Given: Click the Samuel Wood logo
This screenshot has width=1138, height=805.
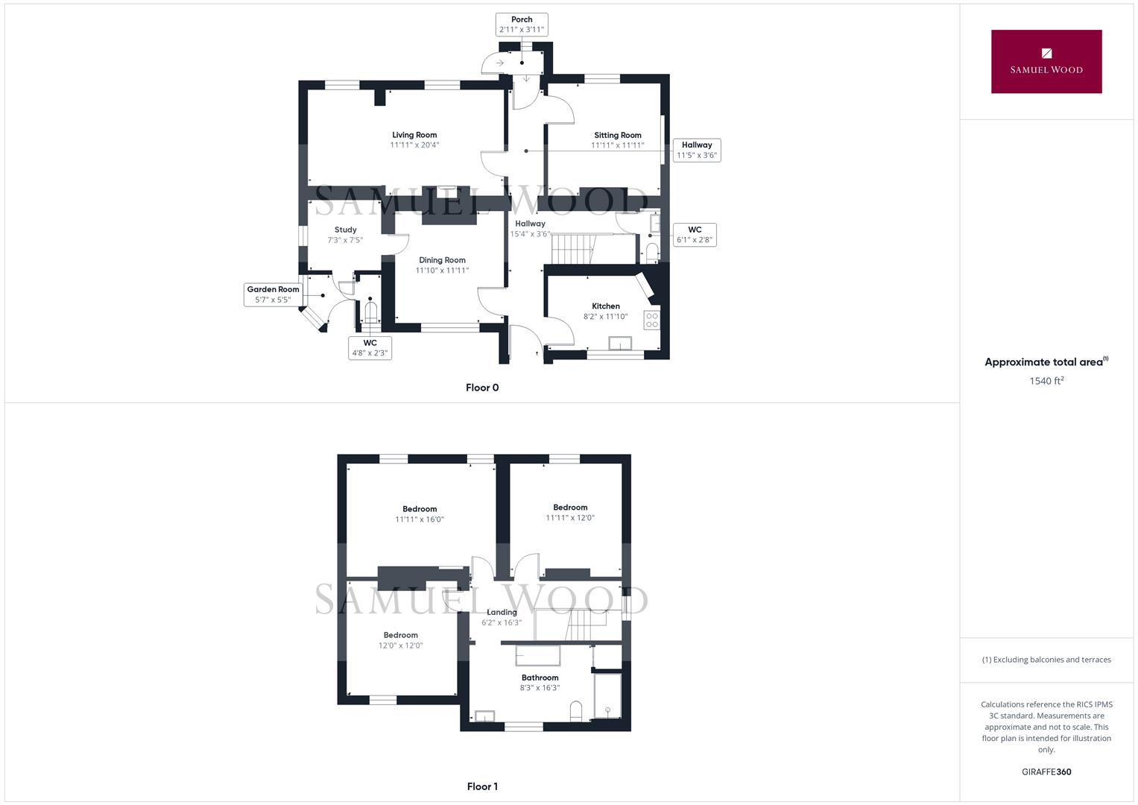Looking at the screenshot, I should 1046,61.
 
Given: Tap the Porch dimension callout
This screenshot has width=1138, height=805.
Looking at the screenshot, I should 522,25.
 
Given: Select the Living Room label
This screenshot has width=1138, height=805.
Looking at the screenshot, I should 414,140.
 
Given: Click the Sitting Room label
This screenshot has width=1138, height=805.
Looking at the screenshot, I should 617,140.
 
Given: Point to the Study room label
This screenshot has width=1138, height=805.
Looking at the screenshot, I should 345,235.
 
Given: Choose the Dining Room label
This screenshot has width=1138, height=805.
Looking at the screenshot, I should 442,265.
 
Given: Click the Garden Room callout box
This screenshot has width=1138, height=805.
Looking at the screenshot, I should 273,294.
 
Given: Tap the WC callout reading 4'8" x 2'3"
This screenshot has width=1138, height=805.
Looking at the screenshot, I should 370,348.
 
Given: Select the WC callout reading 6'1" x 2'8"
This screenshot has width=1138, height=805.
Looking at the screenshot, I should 694,235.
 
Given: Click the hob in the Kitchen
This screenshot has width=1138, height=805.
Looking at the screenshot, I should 651,321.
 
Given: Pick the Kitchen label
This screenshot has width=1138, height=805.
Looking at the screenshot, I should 605,311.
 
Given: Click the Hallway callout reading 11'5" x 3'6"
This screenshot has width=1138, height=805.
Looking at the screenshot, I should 696,150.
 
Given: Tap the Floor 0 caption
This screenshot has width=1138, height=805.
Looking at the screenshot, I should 482,388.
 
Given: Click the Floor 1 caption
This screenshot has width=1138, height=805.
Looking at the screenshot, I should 482,786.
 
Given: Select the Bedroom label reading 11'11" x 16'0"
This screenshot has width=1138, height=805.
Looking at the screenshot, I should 420,514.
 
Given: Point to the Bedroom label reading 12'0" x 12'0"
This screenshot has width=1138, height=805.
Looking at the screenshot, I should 400,640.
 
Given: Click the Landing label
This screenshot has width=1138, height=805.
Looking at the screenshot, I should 502,617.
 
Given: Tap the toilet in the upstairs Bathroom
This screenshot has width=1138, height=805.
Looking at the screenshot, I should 575,712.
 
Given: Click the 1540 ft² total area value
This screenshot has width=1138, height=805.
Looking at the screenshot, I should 1046,381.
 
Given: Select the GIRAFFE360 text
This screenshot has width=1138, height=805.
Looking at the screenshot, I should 1046,772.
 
